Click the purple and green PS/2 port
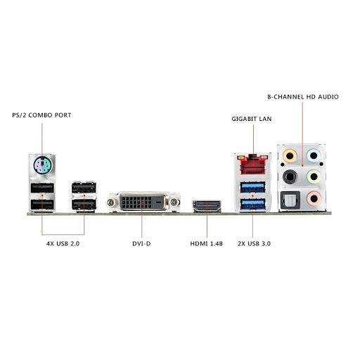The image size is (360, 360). point(42,165)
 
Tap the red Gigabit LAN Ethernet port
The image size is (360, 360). point(252,165)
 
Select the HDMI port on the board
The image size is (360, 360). point(207,206)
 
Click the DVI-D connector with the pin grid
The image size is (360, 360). point(142,202)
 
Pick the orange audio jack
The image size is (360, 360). point(290,156)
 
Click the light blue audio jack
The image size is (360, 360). point(314,155)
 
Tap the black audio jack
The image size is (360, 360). point(290,176)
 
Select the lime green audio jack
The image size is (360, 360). point(314,176)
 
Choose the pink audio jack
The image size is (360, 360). point(314,198)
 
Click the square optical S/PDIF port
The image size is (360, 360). point(290,200)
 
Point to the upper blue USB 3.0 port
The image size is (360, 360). point(252,187)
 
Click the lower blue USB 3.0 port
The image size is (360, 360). point(252,204)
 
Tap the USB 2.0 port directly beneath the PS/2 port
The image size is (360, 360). point(42,188)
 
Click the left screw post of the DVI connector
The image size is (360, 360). point(111,202)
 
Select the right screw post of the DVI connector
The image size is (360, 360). point(174,202)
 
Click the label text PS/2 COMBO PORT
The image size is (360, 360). point(41,115)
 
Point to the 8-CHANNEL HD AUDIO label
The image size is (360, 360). point(303,97)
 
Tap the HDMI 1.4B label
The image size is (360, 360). point(207,244)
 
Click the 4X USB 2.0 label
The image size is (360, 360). point(63,244)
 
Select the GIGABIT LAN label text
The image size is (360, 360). point(252,119)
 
